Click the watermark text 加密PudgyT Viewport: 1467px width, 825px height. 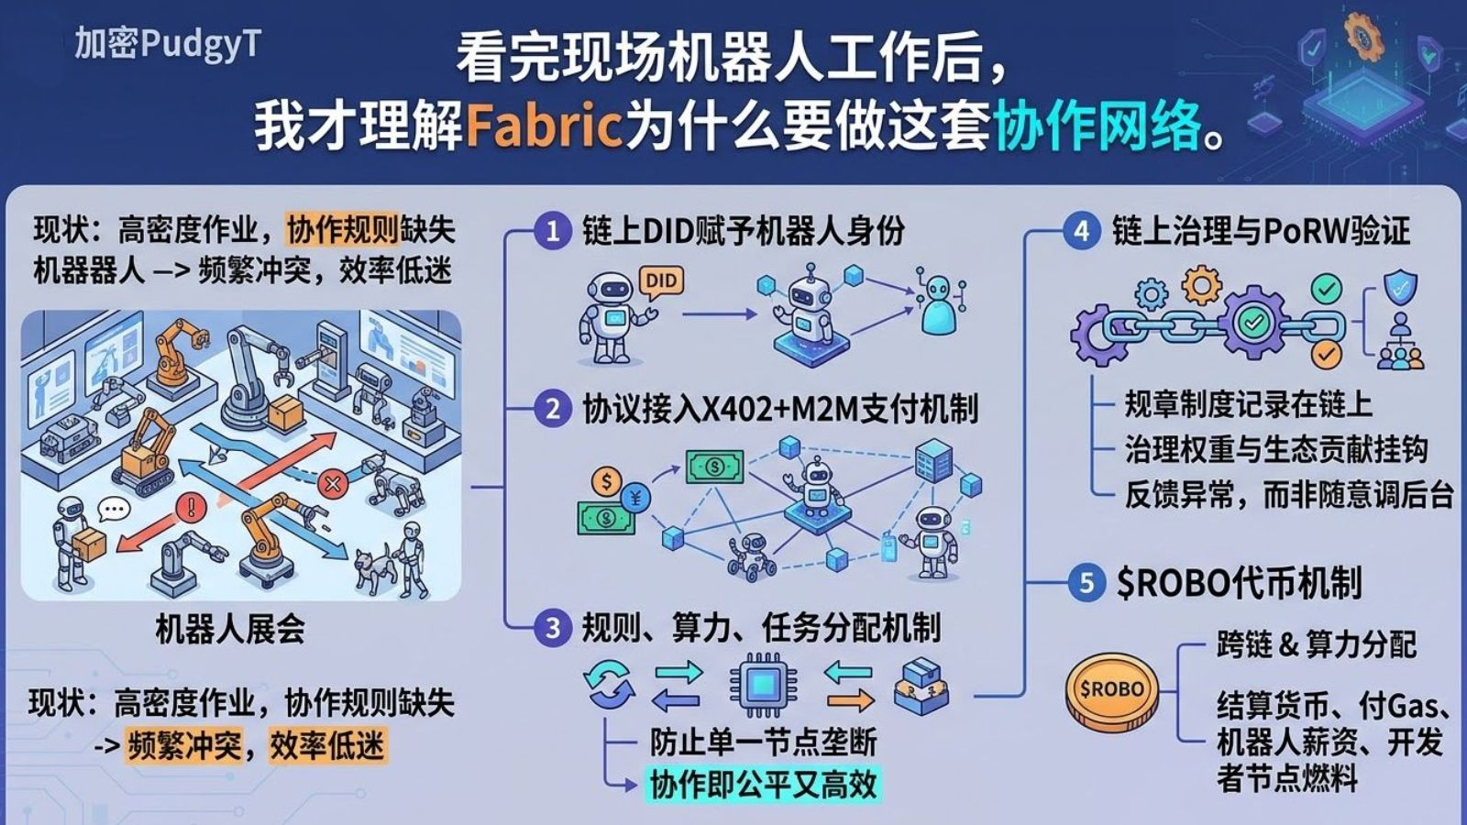(168, 43)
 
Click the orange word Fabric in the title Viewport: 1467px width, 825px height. (545, 126)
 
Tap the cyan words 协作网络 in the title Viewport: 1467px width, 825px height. (1097, 126)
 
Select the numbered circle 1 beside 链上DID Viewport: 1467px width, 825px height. (552, 231)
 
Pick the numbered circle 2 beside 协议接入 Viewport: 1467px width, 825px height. (552, 408)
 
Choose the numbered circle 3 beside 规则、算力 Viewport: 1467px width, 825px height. (552, 628)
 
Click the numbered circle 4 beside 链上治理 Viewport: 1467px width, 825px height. (1082, 231)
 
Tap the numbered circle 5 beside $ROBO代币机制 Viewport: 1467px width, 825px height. (1086, 583)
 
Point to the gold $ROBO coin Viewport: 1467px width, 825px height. (1111, 689)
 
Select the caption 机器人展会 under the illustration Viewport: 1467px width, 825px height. (230, 629)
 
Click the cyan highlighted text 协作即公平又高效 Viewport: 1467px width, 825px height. (763, 785)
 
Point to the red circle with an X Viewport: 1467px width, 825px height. (333, 483)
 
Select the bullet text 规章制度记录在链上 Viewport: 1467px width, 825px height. (1248, 404)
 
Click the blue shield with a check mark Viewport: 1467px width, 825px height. (1399, 287)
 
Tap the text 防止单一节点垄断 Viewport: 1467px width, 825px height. (763, 741)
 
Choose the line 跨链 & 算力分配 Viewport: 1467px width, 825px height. (1317, 644)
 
